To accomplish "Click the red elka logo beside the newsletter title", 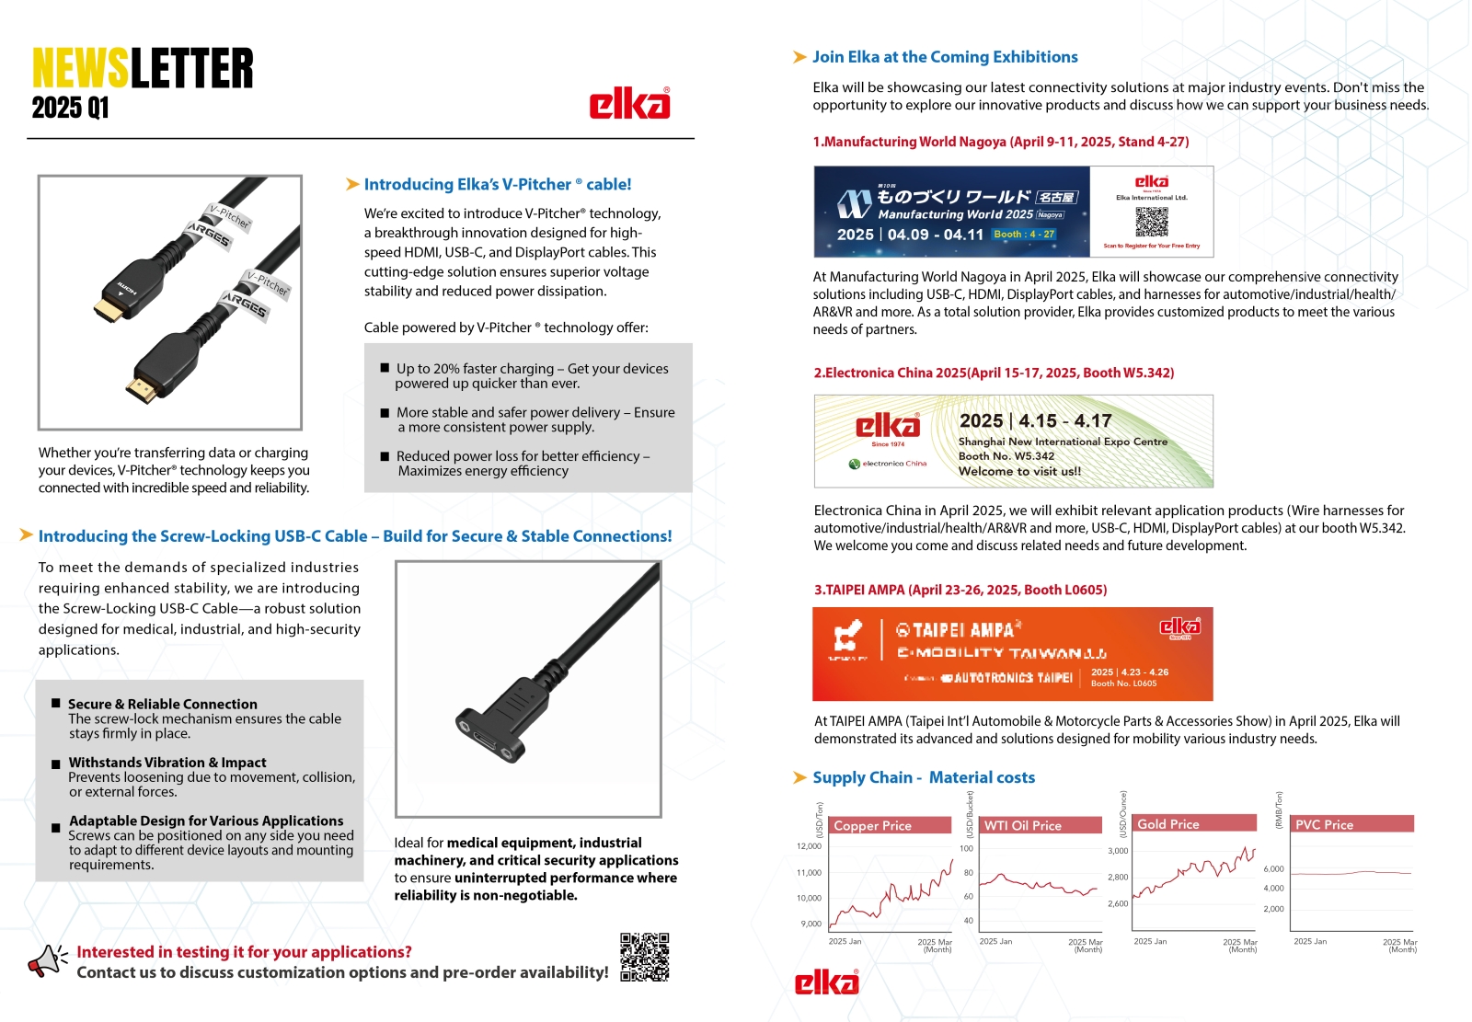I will (629, 104).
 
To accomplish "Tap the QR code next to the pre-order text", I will (644, 957).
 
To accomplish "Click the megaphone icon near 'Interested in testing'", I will (47, 960).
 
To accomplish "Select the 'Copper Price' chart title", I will (872, 825).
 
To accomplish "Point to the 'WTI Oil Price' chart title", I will (1022, 825).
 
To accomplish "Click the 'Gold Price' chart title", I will (1167, 824).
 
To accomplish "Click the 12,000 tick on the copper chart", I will (809, 846).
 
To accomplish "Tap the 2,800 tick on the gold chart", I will (1118, 878).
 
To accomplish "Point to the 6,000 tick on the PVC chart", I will (1273, 869).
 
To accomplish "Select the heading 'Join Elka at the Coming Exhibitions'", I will (945, 57).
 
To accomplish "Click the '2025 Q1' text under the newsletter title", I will (70, 109).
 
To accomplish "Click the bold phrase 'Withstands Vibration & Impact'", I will (167, 763).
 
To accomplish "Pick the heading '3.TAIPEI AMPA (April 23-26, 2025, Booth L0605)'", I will (960, 590).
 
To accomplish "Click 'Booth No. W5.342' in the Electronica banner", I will (1006, 456).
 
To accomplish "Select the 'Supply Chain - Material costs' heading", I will (924, 777).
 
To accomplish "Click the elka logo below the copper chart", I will (826, 982).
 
